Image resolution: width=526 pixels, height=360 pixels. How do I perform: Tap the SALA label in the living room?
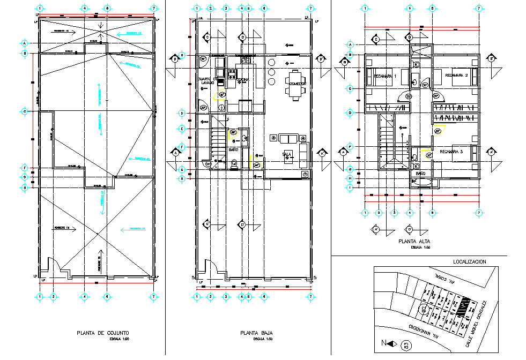click(287, 154)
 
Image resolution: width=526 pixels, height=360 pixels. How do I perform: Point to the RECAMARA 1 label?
click(384, 76)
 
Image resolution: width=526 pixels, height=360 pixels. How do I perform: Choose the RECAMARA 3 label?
click(450, 152)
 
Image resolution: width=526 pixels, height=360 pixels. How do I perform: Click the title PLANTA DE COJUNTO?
click(102, 333)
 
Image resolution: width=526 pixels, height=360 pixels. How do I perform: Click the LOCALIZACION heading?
click(469, 262)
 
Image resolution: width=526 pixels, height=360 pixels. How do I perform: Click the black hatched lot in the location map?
click(464, 307)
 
